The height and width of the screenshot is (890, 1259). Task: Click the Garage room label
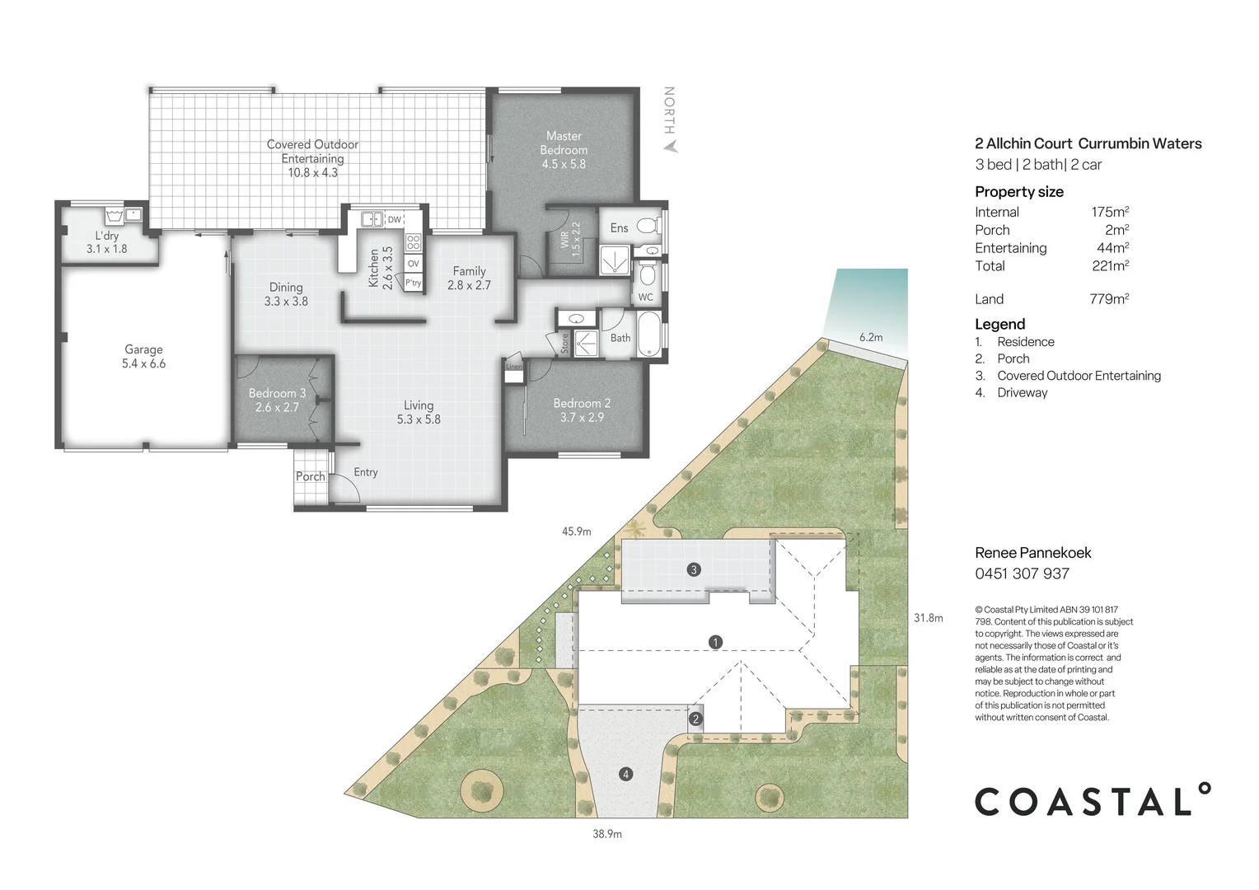tap(144, 349)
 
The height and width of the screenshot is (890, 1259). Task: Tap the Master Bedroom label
tap(564, 143)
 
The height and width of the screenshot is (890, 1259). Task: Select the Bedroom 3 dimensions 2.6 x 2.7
tap(276, 407)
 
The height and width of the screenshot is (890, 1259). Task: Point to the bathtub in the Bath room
tap(648, 335)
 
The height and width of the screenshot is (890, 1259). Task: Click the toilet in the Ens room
tap(649, 226)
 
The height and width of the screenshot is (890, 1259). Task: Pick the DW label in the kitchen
tap(395, 219)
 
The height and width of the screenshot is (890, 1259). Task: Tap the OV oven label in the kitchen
tap(413, 263)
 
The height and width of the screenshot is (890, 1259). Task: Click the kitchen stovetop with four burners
tap(413, 242)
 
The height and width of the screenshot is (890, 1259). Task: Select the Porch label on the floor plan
tap(311, 476)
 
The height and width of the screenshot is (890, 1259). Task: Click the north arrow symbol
tap(670, 146)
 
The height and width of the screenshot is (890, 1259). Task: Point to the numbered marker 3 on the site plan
tap(694, 569)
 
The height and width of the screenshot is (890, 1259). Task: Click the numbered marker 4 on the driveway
tap(626, 774)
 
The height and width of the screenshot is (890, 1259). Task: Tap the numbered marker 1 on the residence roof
tap(715, 641)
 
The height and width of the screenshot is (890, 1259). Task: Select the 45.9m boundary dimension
tap(577, 532)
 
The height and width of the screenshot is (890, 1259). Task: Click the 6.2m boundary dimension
tap(871, 337)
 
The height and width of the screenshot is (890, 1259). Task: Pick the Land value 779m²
tap(1109, 298)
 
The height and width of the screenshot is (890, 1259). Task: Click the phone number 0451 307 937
tap(1022, 574)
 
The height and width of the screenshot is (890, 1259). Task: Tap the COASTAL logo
tap(1093, 799)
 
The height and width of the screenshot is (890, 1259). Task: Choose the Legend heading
tap(1000, 324)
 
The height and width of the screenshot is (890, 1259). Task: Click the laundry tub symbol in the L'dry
tap(115, 216)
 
